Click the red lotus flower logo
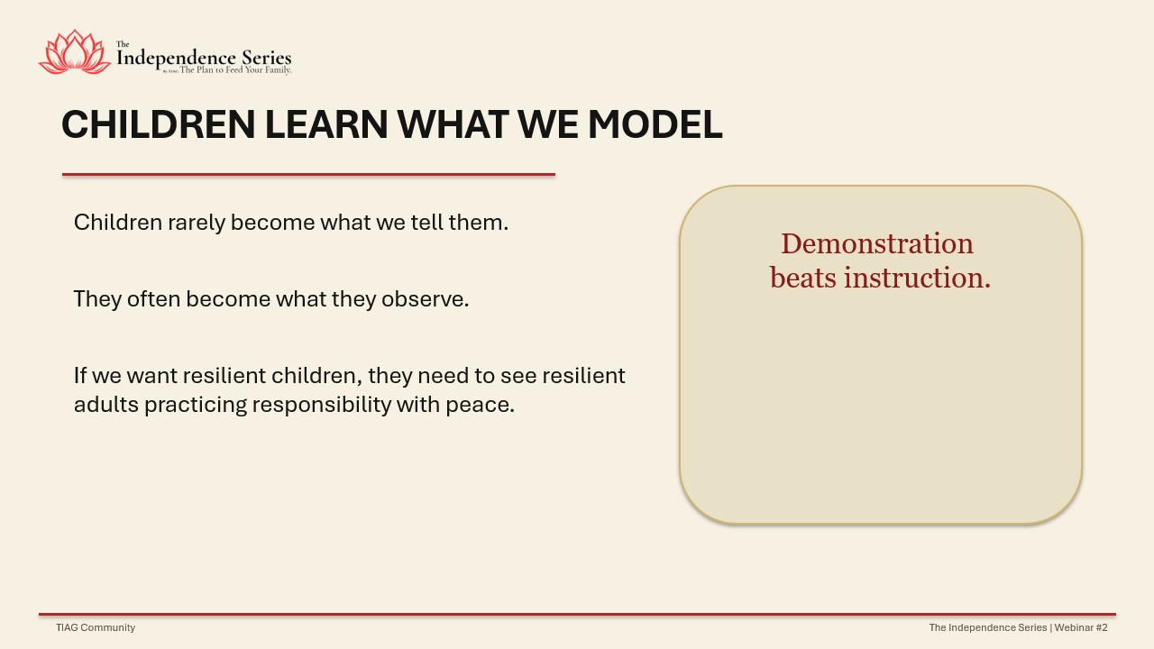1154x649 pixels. coord(75,52)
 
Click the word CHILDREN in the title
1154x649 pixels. coord(158,124)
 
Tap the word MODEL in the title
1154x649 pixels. coord(655,124)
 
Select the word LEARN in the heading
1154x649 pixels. coord(326,124)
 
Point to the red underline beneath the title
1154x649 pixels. coord(308,175)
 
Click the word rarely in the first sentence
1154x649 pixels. coord(197,223)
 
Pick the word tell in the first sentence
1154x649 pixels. coord(426,223)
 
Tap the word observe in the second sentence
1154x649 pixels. coord(425,299)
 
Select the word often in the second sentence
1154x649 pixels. coord(153,299)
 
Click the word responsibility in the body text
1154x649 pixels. coord(322,405)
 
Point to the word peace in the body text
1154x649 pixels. coord(481,406)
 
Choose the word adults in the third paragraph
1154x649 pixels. coord(106,405)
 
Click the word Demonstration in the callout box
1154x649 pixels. coord(877,243)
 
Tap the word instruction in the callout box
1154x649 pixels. coord(917,279)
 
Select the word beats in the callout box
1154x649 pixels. coord(803,279)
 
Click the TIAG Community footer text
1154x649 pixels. coord(96,627)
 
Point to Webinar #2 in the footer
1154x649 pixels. coord(1081,627)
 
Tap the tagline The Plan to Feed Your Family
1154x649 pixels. coord(235,70)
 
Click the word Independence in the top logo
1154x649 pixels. coord(176,59)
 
